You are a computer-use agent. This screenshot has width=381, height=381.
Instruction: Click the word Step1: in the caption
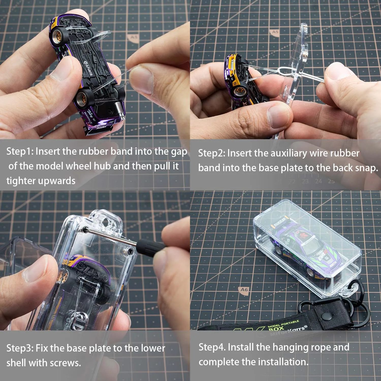[20, 151]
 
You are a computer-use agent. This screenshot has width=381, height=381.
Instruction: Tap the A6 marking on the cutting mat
[244, 290]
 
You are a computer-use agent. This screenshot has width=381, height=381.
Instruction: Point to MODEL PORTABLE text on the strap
[283, 324]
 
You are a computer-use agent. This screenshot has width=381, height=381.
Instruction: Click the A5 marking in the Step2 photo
[275, 32]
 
